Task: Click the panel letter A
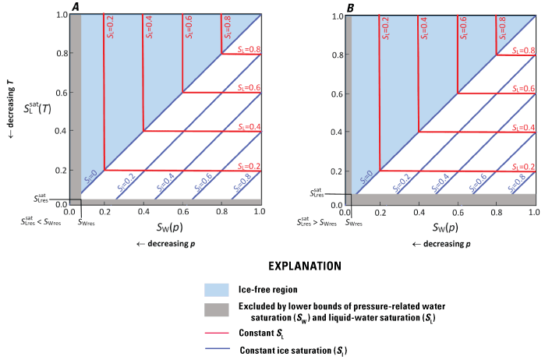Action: (x=76, y=6)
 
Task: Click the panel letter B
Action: (x=351, y=6)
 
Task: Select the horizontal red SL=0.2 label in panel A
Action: (x=247, y=165)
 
